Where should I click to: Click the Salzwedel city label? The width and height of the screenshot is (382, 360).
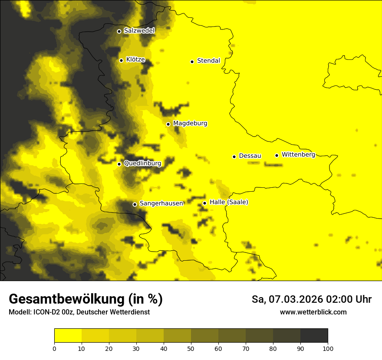[139, 31]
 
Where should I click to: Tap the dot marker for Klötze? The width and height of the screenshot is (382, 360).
[121, 60]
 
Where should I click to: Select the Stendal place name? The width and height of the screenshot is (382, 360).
[209, 61]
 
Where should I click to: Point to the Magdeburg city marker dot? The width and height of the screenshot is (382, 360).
[168, 124]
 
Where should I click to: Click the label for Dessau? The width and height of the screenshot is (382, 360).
[250, 156]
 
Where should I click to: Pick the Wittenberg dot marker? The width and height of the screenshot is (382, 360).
[277, 155]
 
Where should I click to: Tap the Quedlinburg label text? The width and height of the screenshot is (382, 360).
[142, 164]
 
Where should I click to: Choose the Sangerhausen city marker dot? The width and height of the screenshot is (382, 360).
[135, 204]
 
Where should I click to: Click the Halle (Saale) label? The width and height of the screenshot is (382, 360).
[229, 202]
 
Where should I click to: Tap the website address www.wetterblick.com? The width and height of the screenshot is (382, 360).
[313, 312]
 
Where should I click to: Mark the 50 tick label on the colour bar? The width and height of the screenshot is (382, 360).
[191, 348]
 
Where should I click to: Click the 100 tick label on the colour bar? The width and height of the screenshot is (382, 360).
[328, 348]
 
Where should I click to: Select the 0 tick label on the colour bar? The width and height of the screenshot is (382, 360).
[54, 348]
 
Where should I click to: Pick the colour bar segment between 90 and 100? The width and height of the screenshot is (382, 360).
[314, 335]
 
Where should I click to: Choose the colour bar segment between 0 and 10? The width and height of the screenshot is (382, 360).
[68, 335]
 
